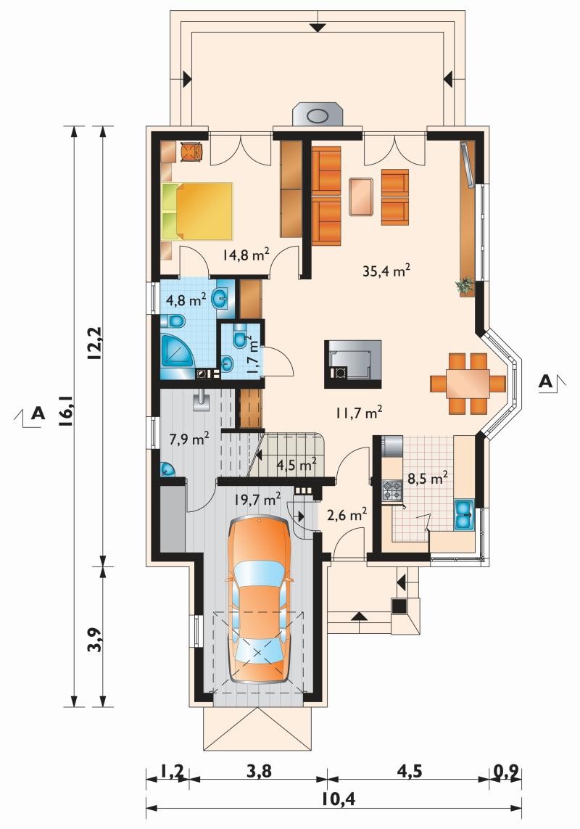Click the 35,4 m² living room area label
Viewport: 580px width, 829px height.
[387, 271]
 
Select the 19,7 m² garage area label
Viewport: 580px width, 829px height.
[257, 498]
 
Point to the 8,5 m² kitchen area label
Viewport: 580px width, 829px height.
[428, 479]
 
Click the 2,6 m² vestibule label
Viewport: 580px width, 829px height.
[347, 514]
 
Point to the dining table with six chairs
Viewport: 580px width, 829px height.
[468, 383]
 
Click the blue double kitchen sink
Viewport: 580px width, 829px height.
[464, 514]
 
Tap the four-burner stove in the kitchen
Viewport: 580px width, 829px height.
[391, 490]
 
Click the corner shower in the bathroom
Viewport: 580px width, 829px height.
[177, 350]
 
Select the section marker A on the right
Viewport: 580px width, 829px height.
[546, 381]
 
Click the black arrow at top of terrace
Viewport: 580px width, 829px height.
[317, 27]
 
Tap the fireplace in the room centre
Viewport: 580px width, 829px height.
[352, 364]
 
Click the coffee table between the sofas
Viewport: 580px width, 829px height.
[361, 197]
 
